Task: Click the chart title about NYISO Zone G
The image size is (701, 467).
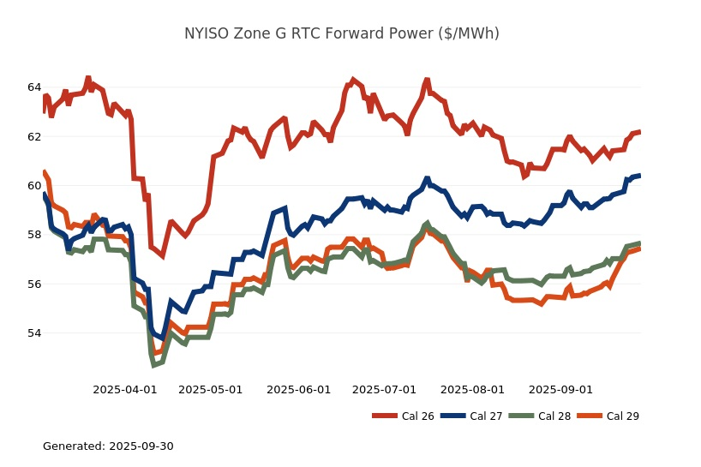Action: coord(342,33)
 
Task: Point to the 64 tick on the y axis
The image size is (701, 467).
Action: coord(34,87)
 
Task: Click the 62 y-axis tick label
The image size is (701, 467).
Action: coord(34,136)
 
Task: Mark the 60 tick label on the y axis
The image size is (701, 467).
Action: coord(34,185)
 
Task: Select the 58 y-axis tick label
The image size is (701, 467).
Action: coord(34,235)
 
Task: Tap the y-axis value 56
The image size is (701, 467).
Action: coord(34,284)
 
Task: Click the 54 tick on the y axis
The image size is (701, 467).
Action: coord(34,332)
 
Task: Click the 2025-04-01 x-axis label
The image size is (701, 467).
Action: coord(125,390)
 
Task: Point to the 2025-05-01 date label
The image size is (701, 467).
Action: coord(211,390)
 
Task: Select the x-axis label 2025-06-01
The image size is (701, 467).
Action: coord(299,390)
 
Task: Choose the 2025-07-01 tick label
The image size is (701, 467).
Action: coord(385,390)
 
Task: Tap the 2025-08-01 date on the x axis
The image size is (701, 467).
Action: coord(473,390)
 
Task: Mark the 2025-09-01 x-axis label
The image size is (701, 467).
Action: coord(561,390)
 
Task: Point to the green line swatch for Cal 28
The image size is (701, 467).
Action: coord(521,416)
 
